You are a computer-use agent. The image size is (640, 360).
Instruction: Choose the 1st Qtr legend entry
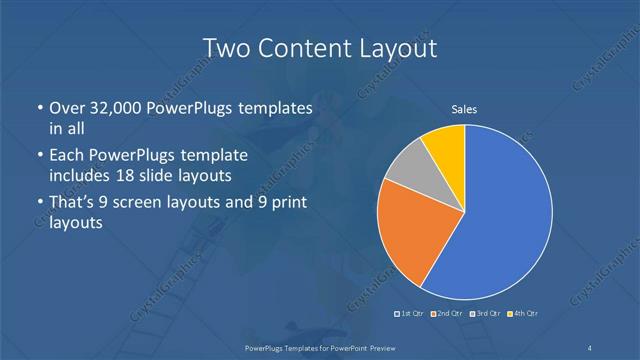point(410,314)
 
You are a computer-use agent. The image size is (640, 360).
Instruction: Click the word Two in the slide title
point(225,47)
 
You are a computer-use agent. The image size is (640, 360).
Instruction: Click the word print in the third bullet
point(288,204)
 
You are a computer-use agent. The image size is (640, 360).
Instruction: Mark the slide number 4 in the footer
point(591,347)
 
